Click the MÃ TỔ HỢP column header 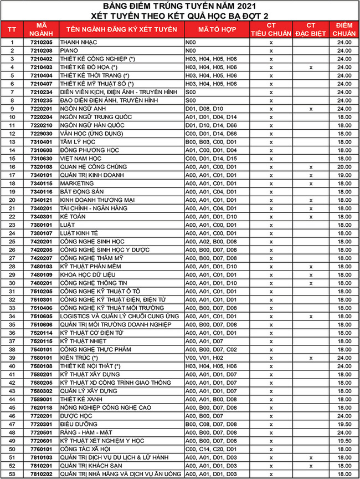point(210,29)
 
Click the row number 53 point(12,474)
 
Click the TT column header point(12,29)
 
